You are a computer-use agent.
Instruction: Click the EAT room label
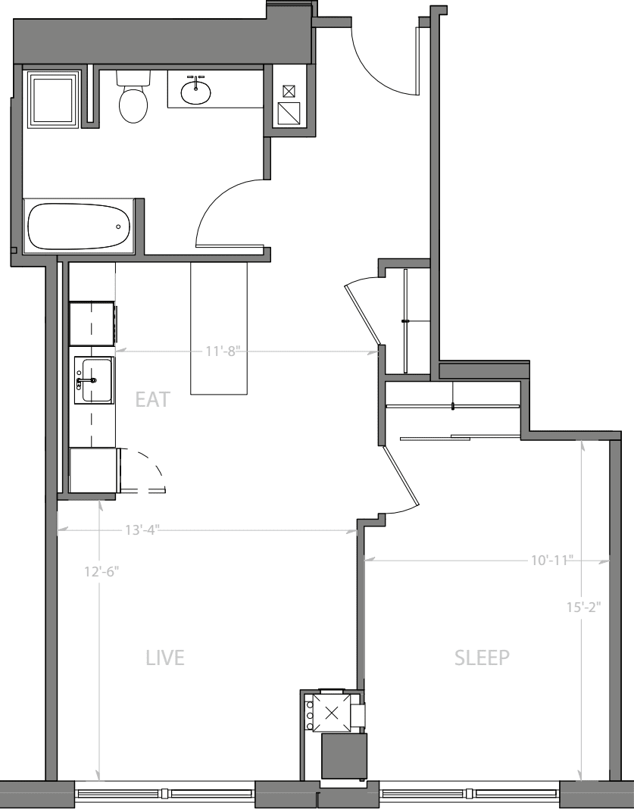(152, 400)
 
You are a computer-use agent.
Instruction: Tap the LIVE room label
(165, 658)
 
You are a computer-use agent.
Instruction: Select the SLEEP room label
(482, 658)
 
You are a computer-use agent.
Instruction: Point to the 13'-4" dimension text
(142, 529)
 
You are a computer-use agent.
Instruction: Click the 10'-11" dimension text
(551, 561)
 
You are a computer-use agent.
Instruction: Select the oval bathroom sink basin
(196, 92)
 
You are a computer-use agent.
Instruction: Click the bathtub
(78, 226)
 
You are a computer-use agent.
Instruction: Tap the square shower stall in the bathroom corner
(53, 98)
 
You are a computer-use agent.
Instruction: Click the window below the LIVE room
(165, 794)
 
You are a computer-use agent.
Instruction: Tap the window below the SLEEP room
(470, 794)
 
